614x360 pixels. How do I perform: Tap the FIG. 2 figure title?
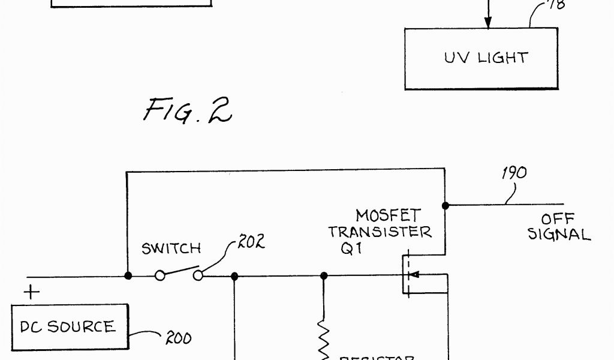pos(187,110)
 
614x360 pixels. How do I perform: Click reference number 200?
pos(178,339)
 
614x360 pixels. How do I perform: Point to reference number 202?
pos(251,243)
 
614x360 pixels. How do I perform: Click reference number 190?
pos(514,173)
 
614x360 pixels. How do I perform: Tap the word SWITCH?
pos(171,248)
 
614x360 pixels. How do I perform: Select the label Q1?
pos(351,248)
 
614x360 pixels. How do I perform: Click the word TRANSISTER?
pos(380,232)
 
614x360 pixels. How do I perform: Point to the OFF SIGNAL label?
pos(558,227)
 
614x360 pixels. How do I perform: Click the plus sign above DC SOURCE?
pos(32,292)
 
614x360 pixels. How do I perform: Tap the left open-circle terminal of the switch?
pos(159,276)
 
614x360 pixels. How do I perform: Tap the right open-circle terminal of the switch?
pos(198,276)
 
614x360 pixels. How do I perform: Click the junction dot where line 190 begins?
pos(446,205)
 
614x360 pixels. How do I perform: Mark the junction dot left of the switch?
pos(128,276)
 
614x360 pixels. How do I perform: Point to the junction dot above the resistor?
pos(324,276)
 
